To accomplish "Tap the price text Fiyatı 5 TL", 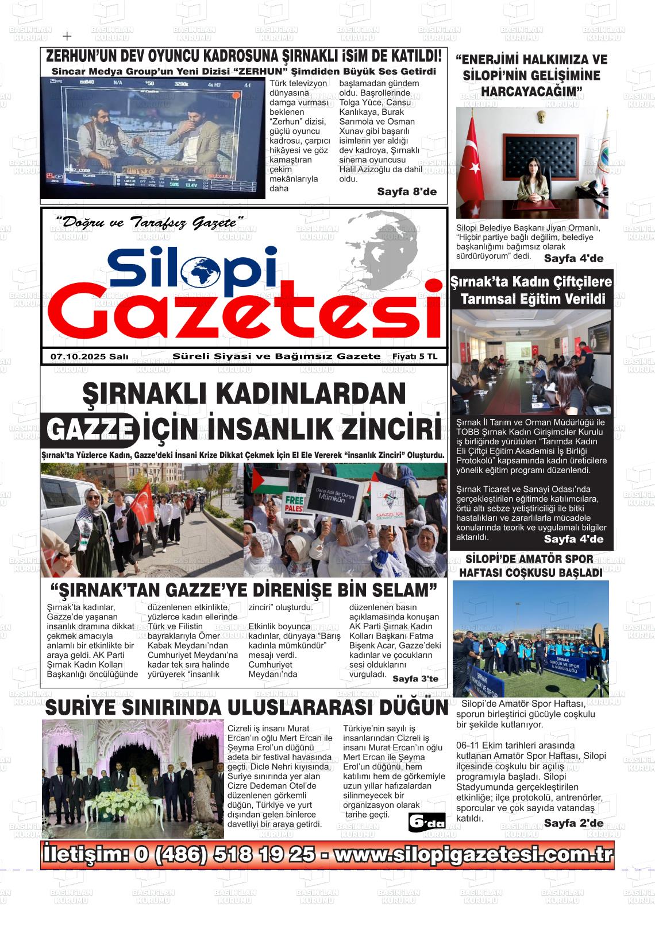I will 414,357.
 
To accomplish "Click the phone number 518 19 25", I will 264,855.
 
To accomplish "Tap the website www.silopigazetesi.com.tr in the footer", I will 473,855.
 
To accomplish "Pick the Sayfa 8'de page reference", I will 407,192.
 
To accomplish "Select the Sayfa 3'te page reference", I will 415,679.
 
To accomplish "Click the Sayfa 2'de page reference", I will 573,823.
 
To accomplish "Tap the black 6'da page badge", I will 426,823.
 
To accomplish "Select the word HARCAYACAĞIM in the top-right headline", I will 531,92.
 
